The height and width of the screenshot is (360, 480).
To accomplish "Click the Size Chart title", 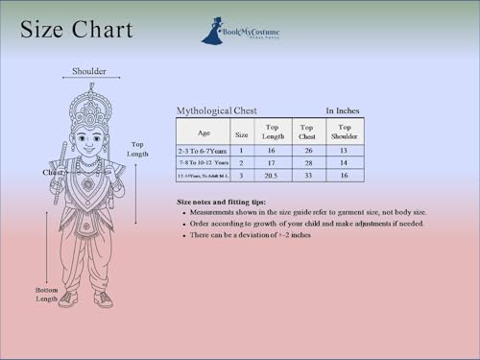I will (77, 31).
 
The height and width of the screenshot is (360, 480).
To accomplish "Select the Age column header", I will (204, 132).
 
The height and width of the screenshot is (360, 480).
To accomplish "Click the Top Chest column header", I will (307, 132).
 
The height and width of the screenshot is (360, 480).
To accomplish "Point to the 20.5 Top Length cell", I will (272, 176).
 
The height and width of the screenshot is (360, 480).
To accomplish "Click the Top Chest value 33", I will (307, 176).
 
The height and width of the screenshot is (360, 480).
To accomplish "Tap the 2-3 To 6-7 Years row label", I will (203, 151).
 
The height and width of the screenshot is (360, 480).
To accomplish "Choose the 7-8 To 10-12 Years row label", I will (203, 163).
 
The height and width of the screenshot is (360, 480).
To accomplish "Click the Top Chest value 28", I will (307, 163).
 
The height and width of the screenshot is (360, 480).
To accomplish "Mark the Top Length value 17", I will (272, 163).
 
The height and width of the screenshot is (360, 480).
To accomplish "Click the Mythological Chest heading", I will (216, 110).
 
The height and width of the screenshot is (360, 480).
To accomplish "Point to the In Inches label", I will (343, 110).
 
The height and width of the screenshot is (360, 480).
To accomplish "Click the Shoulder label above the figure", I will (89, 71).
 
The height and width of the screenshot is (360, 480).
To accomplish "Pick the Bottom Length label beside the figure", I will (47, 294).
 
